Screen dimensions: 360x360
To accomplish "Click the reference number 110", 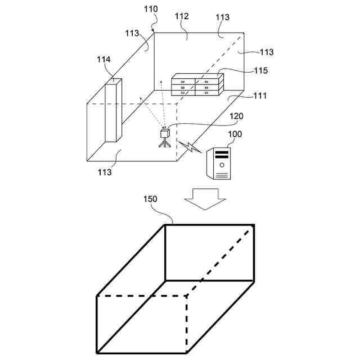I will (150, 9).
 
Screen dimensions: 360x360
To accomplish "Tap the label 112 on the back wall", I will (181, 17).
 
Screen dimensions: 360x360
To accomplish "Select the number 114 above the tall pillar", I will (103, 60).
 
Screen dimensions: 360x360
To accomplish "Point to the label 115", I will (260, 71).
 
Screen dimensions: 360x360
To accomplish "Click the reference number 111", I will (259, 96).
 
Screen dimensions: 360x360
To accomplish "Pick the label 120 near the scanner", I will (236, 116).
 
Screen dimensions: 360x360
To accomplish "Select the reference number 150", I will (150, 199).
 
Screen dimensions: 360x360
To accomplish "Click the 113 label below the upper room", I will (104, 172).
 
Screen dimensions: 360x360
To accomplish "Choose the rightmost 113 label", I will (266, 52).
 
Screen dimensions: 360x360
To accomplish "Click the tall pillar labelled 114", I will (112, 111).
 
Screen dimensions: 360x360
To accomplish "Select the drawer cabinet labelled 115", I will (197, 85).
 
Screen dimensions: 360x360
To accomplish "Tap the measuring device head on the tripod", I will (164, 134).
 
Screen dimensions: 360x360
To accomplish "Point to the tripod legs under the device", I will (164, 144).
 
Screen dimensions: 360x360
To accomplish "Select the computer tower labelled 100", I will (219, 163).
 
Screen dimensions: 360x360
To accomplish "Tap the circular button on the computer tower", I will (222, 165).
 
